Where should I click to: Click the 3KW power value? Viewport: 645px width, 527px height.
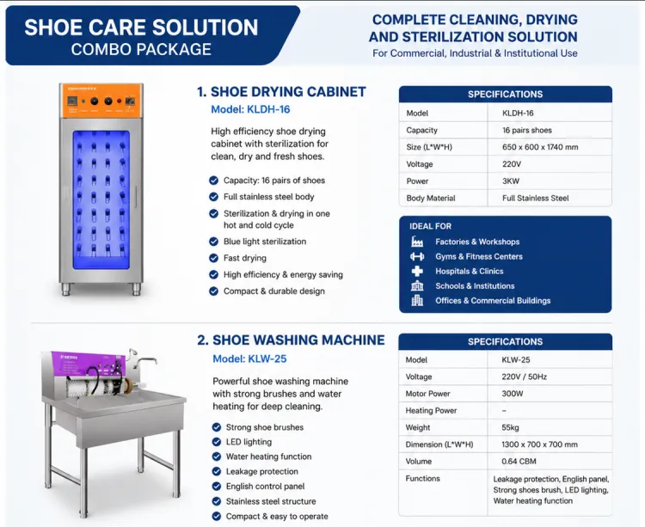pos(511,181)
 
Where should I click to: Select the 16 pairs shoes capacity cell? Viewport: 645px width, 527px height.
pos(527,131)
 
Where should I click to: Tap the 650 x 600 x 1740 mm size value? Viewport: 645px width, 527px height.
pos(540,147)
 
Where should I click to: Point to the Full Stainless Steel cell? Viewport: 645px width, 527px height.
pos(535,198)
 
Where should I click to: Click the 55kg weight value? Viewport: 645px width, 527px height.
pos(510,427)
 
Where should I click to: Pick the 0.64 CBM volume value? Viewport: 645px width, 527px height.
pos(519,461)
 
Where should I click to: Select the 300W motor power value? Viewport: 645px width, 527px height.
pos(513,394)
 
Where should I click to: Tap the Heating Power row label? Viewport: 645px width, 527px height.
pos(431,411)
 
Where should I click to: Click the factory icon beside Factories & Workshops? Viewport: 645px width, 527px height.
pos(417,242)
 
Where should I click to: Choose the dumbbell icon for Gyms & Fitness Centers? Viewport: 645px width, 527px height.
pos(417,256)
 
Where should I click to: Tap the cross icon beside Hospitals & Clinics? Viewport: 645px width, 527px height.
pos(417,272)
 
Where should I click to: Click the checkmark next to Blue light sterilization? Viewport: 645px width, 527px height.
pos(213,242)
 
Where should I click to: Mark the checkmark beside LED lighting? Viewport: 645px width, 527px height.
pos(217,442)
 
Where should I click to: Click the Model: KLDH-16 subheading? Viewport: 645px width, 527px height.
pos(250,109)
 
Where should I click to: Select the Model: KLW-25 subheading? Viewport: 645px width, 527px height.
pos(249,358)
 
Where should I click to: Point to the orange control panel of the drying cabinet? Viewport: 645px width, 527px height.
pos(101,101)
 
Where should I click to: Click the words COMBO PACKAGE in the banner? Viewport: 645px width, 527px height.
pos(141,49)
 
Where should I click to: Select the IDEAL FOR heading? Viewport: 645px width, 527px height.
pos(430,226)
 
